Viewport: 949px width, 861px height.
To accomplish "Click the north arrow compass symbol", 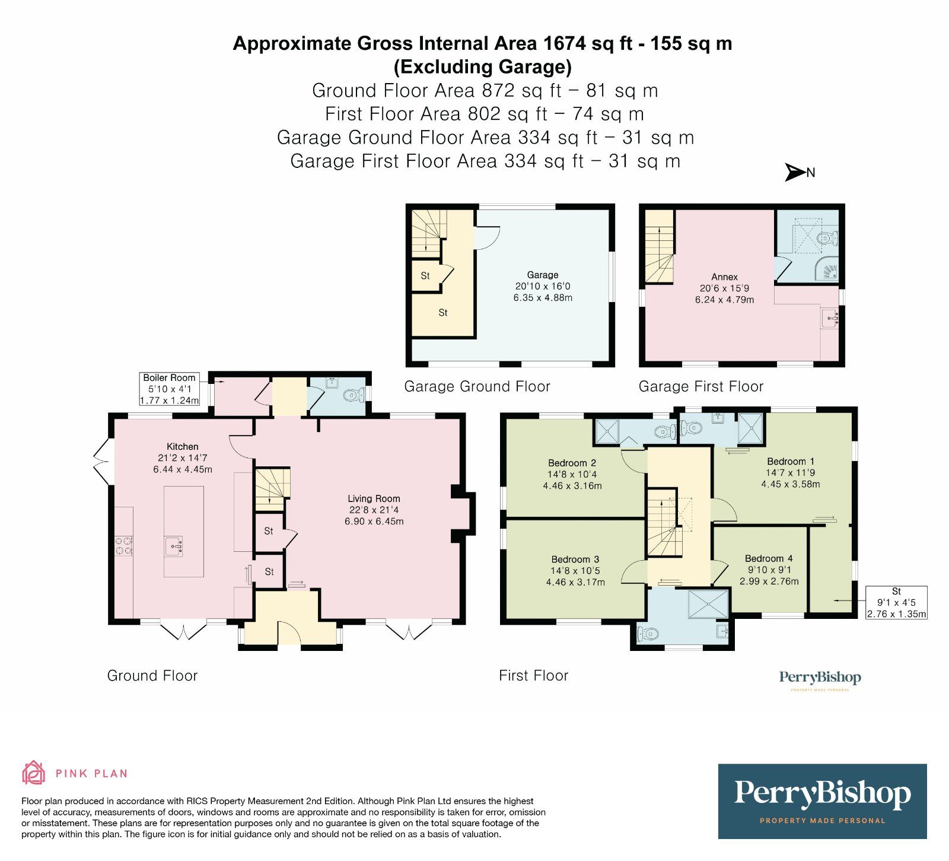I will coord(795,172).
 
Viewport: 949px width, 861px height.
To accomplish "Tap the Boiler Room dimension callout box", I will coord(169,389).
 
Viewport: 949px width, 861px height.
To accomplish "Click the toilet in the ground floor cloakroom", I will coord(355,394).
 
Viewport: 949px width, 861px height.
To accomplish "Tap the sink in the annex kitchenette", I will coord(830,318).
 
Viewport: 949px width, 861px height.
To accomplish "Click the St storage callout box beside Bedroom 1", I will coord(896,602).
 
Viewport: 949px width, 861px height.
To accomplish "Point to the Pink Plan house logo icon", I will coord(33,773).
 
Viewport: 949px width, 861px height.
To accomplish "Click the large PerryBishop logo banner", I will coord(822,800).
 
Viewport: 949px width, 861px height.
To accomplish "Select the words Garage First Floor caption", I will coord(700,387).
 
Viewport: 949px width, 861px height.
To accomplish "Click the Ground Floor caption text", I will coord(152,675).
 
